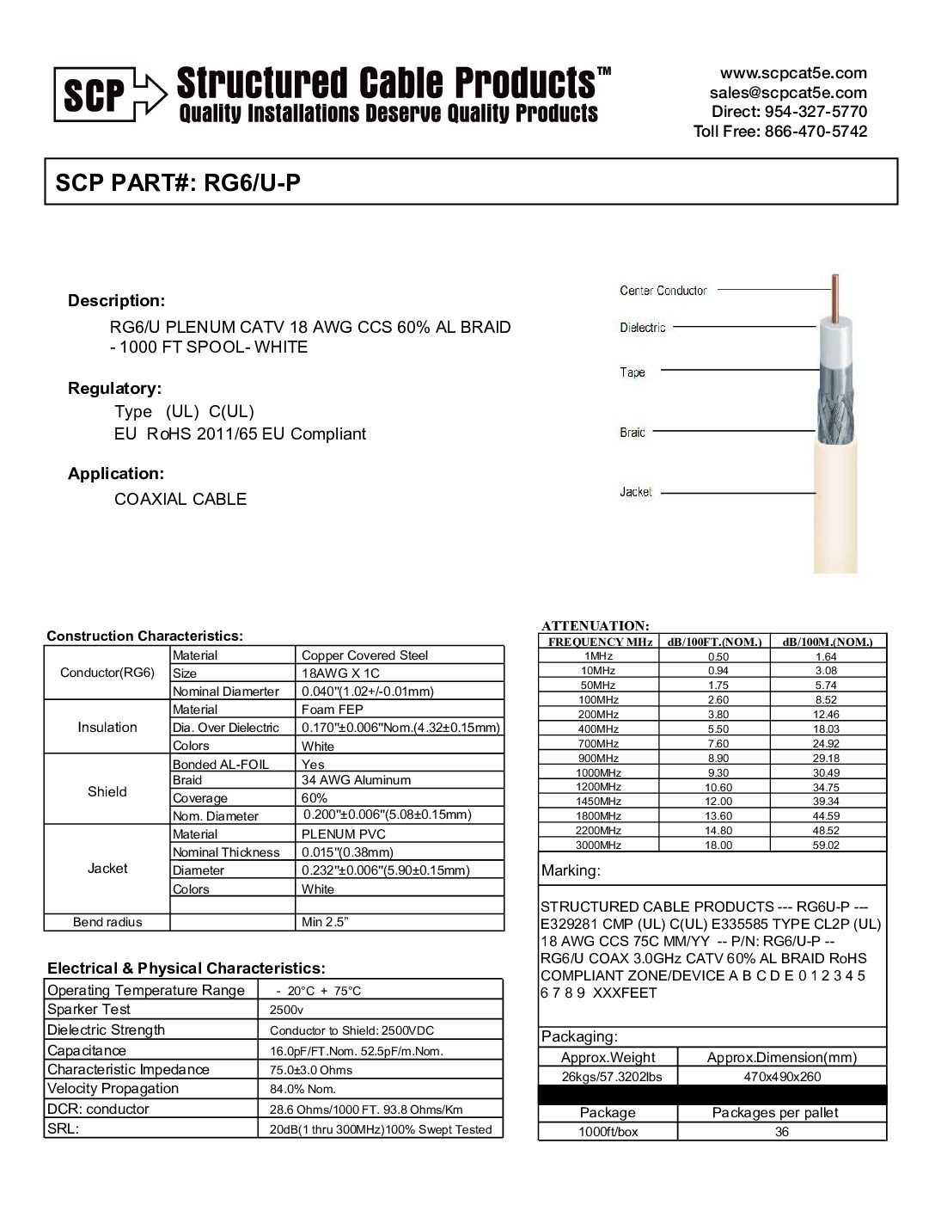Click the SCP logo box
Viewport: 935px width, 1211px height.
click(x=94, y=95)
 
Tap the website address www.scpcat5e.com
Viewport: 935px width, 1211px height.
click(x=793, y=73)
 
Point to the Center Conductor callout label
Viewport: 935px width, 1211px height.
click(x=663, y=291)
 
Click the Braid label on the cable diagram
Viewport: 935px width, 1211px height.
click(x=632, y=432)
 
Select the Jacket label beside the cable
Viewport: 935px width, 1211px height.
click(x=636, y=492)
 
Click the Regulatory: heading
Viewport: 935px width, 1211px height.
click(x=114, y=388)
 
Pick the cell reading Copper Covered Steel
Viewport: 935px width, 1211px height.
click(x=364, y=655)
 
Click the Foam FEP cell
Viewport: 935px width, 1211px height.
click(x=333, y=710)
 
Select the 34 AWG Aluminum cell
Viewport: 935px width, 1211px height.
click(x=356, y=780)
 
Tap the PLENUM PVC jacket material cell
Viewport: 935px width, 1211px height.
click(x=344, y=834)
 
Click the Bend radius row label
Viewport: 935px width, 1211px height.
click(x=107, y=922)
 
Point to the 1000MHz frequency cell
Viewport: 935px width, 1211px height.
click(x=598, y=772)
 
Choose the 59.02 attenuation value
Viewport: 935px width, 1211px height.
click(x=826, y=845)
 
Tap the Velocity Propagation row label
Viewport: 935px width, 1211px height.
click(x=113, y=1089)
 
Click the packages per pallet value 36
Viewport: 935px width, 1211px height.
click(x=781, y=1132)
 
